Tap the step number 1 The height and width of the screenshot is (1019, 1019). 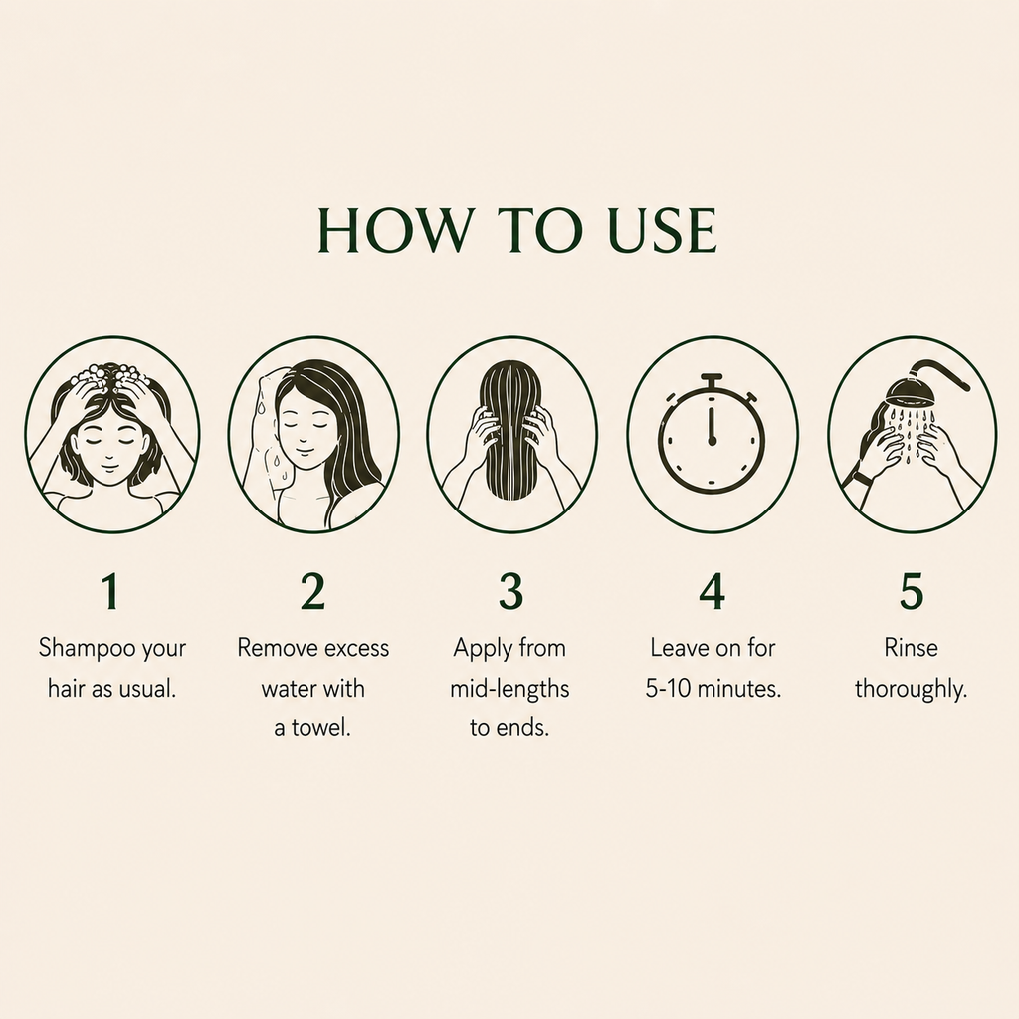(x=111, y=591)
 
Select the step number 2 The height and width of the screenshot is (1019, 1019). (x=312, y=591)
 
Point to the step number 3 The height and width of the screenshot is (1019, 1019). (x=510, y=591)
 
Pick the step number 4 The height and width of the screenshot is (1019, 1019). (x=713, y=591)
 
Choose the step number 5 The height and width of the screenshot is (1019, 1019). (x=912, y=591)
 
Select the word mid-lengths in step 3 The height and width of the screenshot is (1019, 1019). (x=509, y=689)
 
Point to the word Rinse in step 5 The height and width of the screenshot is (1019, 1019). (x=912, y=648)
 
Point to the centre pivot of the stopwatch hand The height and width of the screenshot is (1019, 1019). (x=712, y=441)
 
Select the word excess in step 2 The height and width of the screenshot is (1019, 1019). (x=357, y=649)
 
